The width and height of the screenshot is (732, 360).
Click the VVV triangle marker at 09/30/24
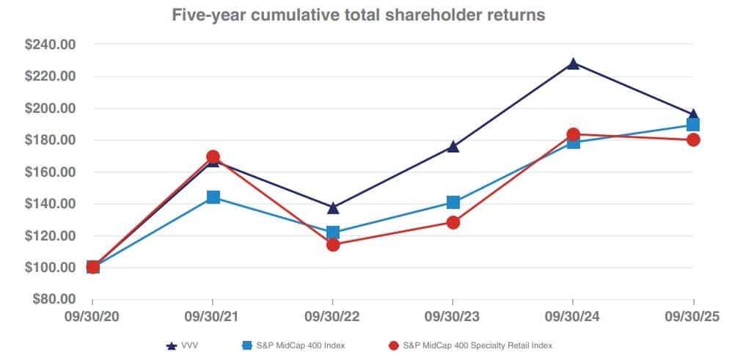pos(573,64)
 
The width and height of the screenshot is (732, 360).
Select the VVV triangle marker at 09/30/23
pos(453,147)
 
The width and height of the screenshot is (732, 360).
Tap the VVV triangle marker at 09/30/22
pos(333,208)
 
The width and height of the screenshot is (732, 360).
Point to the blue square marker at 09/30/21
pos(213,197)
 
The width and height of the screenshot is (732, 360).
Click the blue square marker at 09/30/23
pos(453,202)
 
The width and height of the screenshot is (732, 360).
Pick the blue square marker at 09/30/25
pos(692,125)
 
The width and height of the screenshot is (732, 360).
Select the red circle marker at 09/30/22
pos(333,245)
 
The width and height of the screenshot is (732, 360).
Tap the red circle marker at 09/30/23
pos(453,222)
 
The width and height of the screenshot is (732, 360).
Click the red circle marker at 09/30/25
pos(692,139)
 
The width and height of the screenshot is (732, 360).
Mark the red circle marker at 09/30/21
pos(213,157)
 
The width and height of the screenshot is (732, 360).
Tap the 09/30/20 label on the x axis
pos(92,316)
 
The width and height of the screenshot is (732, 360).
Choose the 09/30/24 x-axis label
pos(573,316)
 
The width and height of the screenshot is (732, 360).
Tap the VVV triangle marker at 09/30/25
pos(692,115)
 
